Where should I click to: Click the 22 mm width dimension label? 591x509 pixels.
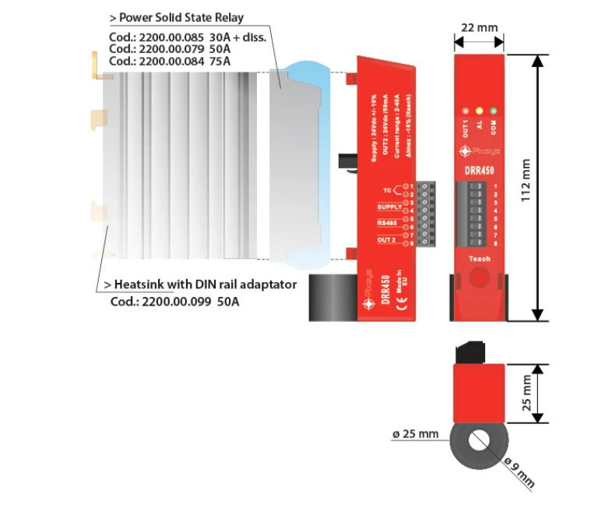(x=478, y=28)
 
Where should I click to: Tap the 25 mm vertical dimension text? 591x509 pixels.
(x=526, y=393)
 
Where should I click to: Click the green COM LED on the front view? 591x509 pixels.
(x=494, y=111)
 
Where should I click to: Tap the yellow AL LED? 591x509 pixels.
(x=480, y=111)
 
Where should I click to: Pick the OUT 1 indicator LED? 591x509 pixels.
(x=466, y=111)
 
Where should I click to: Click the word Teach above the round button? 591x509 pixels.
(x=479, y=259)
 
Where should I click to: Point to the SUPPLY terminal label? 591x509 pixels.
(x=389, y=207)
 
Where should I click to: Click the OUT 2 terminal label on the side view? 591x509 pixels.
(x=388, y=240)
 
